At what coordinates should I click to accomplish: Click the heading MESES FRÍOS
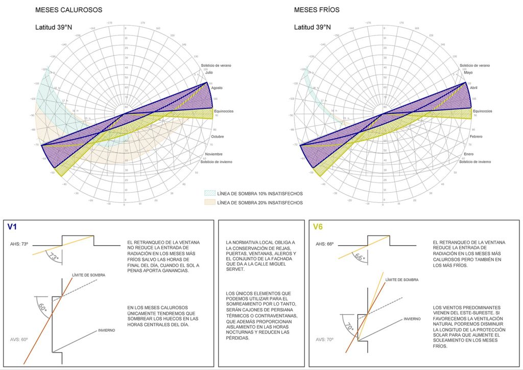tap(317, 10)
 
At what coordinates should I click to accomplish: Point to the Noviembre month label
tap(215, 154)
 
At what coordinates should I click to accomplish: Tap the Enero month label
tap(469, 154)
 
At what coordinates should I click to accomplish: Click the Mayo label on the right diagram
tap(468, 73)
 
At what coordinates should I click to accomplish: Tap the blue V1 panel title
tap(13, 226)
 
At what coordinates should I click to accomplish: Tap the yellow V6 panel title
tap(318, 226)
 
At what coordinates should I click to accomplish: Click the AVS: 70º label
tap(325, 339)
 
